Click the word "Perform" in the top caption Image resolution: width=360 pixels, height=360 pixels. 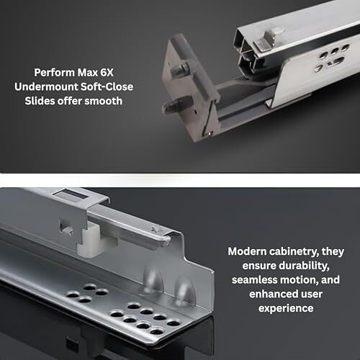[x=55, y=73]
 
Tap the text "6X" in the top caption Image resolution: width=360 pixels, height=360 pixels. [x=107, y=73]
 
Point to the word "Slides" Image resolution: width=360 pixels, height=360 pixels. [x=40, y=101]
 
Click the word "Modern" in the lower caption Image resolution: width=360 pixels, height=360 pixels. [x=247, y=251]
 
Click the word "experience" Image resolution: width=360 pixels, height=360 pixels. [x=286, y=309]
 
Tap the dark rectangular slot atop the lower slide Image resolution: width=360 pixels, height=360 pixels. [x=73, y=194]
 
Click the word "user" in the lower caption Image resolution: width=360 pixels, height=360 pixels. [x=312, y=294]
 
